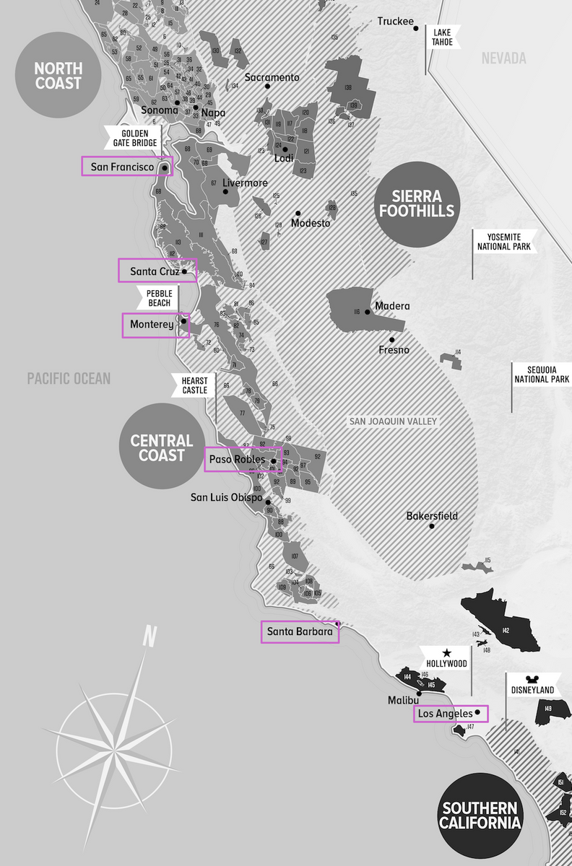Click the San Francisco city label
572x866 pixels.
[x=122, y=167]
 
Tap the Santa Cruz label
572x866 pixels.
[x=155, y=272]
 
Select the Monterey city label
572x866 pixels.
[x=152, y=325]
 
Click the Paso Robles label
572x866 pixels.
[x=237, y=460]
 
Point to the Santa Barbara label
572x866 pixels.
[x=300, y=632]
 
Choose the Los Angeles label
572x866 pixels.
[x=445, y=714]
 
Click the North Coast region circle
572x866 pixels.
[x=58, y=75]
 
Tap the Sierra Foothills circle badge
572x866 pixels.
[x=414, y=204]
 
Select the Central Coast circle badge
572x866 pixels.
[x=161, y=447]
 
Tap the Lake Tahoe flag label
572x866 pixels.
[x=443, y=37]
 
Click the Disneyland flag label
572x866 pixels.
[x=532, y=690]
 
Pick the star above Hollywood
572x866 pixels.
[x=446, y=652]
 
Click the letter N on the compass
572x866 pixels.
[x=149, y=637]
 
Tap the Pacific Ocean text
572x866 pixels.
[x=69, y=379]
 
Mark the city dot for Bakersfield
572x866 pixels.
[x=431, y=526]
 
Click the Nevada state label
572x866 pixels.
[x=503, y=58]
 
